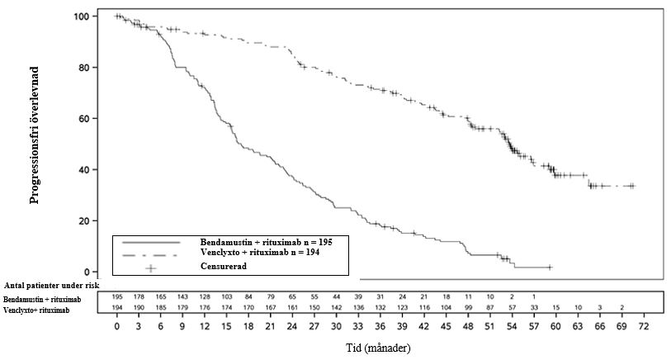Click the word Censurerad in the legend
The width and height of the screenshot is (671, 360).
[224, 267]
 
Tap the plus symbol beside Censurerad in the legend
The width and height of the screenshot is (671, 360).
[151, 268]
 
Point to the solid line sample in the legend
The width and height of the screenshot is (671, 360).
[151, 242]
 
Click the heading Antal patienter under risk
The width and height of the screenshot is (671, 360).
[52, 285]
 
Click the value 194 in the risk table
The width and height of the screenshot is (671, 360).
[117, 307]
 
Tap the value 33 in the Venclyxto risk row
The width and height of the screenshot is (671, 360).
[533, 307]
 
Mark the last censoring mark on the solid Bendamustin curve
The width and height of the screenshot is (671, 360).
[550, 268]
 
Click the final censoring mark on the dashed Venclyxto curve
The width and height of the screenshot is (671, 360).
[632, 186]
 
